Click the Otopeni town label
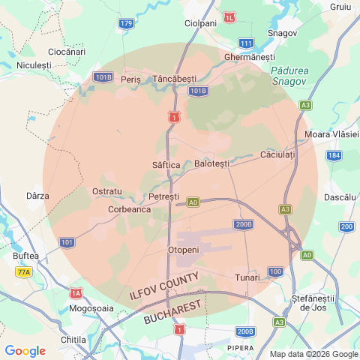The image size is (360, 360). tap(184, 250)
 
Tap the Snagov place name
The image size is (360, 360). tap(283, 34)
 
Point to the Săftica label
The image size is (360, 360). tap(166, 164)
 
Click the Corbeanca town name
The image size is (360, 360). tap(130, 210)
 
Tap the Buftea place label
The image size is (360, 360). tap(26, 256)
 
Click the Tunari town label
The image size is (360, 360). tap(247, 278)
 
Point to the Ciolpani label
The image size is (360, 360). tap(201, 23)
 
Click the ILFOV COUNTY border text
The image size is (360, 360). tap(163, 287)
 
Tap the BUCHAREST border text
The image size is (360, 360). tap(173, 312)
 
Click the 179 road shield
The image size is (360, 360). tap(125, 24)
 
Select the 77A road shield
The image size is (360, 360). tap(23, 273)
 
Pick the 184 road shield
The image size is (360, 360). tap(334, 155)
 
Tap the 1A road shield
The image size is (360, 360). tap(76, 293)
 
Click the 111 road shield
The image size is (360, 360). tap(246, 43)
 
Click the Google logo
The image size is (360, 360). tap(25, 351)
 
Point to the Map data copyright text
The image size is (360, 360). tap(314, 354)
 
